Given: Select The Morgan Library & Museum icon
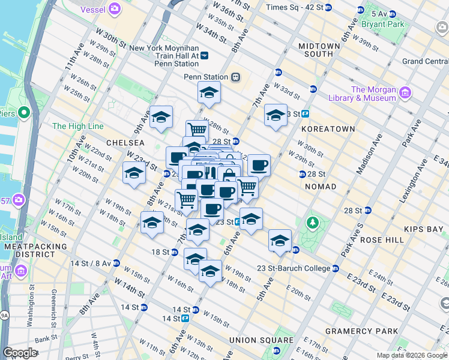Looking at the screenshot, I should click(x=405, y=92).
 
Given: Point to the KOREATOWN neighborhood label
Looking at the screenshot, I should click(x=328, y=128).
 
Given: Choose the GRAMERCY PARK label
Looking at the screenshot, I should click(x=361, y=331).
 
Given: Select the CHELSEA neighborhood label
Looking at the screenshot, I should click(x=125, y=143).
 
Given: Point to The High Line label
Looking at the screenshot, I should click(x=77, y=126).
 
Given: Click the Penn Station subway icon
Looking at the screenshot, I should click(x=236, y=77).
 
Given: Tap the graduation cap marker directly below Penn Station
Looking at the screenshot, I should click(x=209, y=92).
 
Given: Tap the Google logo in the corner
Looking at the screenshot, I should click(x=20, y=352).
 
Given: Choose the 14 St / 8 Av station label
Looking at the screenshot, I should click(x=90, y=263).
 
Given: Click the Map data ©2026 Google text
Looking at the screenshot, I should click(x=412, y=355).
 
